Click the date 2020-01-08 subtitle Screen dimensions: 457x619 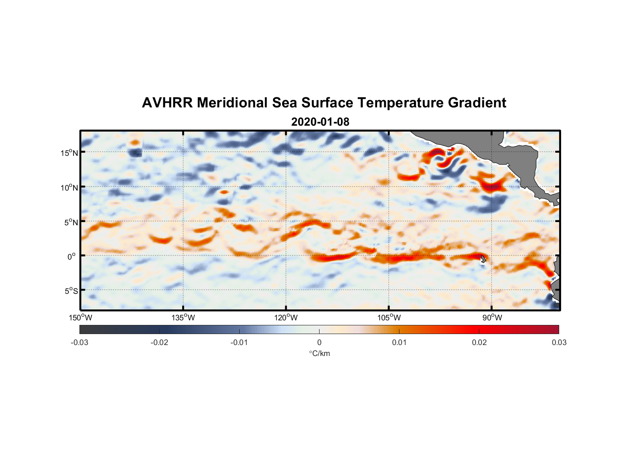320,122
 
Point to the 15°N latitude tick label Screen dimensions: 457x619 69,153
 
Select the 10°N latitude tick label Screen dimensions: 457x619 69,187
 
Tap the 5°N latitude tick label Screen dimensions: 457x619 71,222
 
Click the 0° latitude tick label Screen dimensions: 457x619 72,256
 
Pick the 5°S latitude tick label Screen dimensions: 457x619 71,291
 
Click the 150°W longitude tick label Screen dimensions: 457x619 81,318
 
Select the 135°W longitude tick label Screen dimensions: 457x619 184,318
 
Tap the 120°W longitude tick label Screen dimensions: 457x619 286,318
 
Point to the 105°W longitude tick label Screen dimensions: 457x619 389,318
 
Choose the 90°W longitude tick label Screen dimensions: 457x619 492,318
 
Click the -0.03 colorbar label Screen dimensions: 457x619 79,343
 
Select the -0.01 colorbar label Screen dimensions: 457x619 239,343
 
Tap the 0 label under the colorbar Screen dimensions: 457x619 319,343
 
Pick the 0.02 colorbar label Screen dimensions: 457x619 479,343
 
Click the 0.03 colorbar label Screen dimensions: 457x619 559,343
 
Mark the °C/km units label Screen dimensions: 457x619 320,353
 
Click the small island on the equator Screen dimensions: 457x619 483,259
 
